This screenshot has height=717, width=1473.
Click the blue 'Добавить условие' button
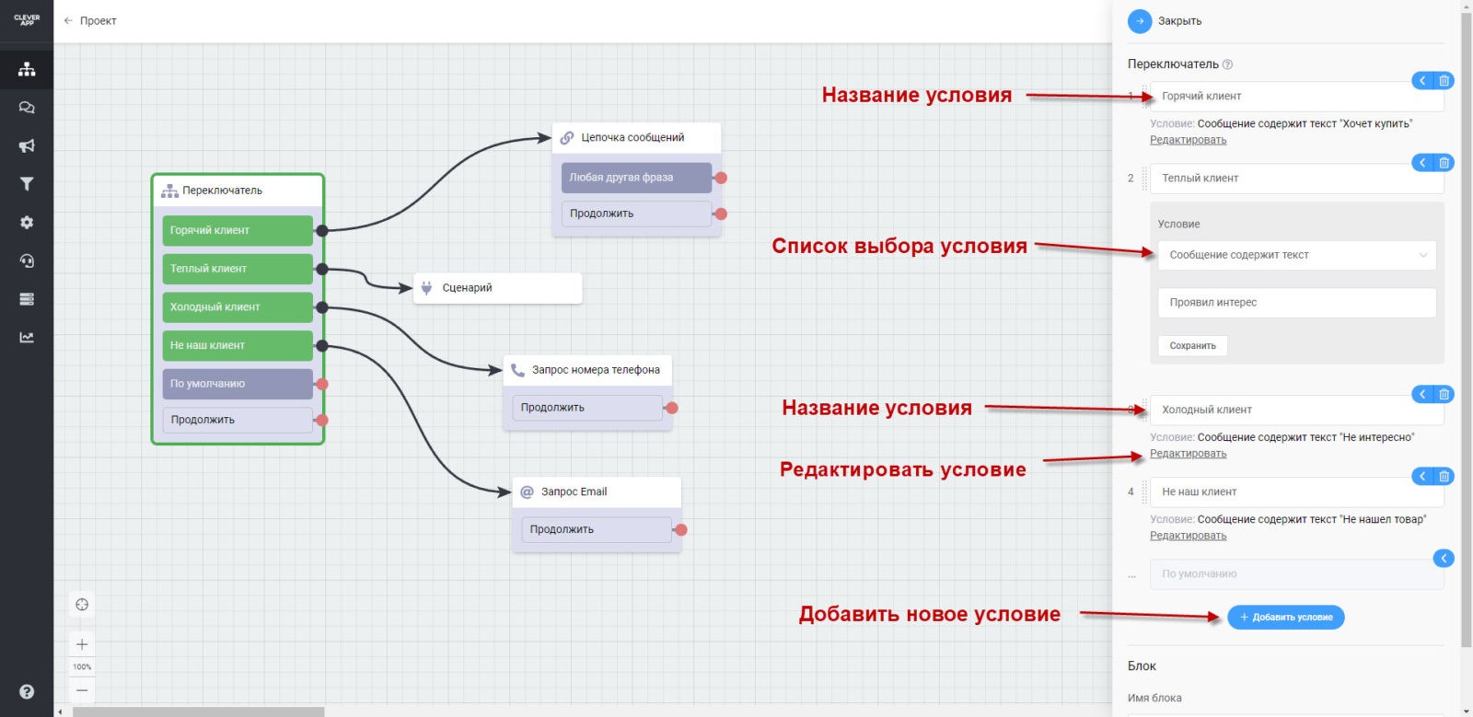1285,617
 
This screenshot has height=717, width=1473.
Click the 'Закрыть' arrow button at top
1140,21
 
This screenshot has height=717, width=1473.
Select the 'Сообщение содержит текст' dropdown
1296,255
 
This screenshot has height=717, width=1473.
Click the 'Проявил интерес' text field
1296,303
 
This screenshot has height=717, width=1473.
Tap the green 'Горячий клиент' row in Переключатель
238,230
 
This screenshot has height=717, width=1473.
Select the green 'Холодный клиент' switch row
238,307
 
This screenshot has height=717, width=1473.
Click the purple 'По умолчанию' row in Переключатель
238,384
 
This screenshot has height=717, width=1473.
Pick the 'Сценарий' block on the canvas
497,288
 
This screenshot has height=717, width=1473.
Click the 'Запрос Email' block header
596,491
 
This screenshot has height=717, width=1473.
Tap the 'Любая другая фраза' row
635,178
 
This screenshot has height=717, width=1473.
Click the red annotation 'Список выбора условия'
899,246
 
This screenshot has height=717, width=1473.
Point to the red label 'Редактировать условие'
902,469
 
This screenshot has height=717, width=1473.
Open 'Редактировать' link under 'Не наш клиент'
1188,536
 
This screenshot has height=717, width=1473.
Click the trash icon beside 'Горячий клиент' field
1444,81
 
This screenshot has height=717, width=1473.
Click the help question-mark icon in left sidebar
27,691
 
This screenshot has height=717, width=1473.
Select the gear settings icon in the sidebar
27,223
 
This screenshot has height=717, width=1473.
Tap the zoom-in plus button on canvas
82,644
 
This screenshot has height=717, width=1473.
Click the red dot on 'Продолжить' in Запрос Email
680,530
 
